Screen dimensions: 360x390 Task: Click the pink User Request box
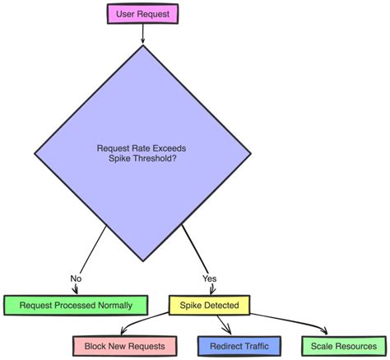[x=142, y=13]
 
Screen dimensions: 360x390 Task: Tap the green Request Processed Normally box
[x=76, y=305]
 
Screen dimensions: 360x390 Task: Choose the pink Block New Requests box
[x=124, y=345]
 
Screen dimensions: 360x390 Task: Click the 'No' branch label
[x=76, y=278]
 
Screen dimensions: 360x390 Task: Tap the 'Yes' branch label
[x=209, y=278]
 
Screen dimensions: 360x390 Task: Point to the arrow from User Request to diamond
[x=142, y=34]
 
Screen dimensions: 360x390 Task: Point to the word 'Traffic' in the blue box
[x=255, y=345]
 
